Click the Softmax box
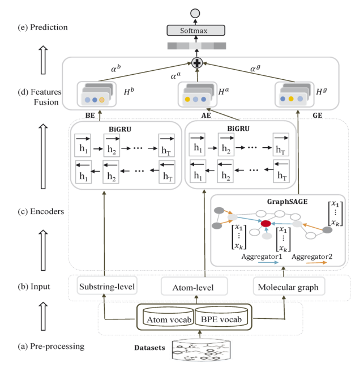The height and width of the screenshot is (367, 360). pos(196,31)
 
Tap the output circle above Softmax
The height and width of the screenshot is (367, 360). pos(195,14)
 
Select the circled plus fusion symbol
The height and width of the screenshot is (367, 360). pos(197,63)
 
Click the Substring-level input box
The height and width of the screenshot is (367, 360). pos(107,286)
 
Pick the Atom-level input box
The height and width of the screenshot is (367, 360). pos(194,287)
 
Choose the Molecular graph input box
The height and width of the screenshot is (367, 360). pos(289,287)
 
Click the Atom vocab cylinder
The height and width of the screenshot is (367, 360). pos(169,317)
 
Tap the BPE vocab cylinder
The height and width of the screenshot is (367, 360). pos(221,317)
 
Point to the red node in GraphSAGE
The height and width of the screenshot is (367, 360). pos(265,224)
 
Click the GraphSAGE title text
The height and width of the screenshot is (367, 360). pos(287,202)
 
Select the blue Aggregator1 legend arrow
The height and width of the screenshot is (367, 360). pos(268,263)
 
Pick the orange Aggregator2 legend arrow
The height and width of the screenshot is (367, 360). pos(316,263)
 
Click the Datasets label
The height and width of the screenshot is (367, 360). pos(149,348)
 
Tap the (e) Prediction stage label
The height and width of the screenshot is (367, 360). pos(43,27)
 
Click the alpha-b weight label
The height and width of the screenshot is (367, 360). pos(116,69)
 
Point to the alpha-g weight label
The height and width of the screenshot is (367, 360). pos(255,68)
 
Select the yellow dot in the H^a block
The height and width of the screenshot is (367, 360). pos(187,99)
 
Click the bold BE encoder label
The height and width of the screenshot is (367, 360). pos(90,116)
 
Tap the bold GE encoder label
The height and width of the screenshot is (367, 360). pos(318,116)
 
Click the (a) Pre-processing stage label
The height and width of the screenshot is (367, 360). pos(51,346)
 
